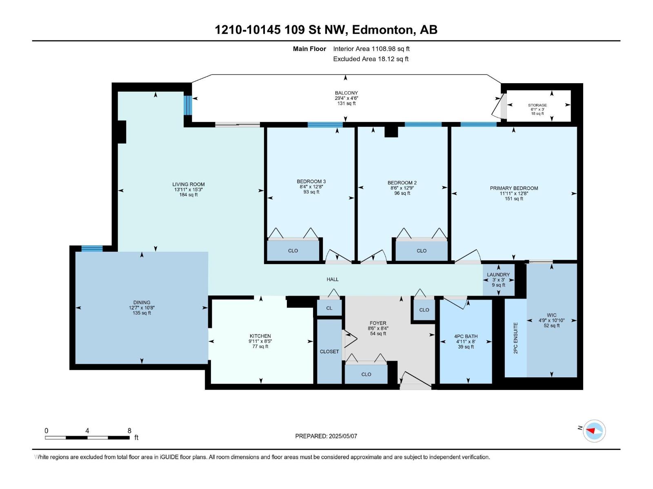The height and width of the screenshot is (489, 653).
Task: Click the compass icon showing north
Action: coord(594,431)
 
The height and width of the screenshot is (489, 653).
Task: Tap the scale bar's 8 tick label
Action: coord(129,430)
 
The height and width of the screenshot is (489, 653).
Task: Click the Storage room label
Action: coord(537,105)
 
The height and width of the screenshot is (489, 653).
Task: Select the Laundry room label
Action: coord(498,275)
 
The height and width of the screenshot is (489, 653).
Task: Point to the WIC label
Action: coord(551,315)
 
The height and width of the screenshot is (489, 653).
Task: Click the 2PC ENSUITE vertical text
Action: coord(515,338)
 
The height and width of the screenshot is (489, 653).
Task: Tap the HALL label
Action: coord(333,280)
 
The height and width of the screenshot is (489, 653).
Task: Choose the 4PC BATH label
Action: coord(466,337)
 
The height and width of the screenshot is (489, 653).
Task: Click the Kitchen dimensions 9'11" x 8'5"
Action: coord(260,341)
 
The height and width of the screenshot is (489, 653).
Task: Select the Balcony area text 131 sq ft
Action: coord(346,104)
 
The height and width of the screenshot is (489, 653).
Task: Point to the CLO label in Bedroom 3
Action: coord(293,251)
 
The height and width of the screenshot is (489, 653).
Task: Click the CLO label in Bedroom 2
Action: coord(422,251)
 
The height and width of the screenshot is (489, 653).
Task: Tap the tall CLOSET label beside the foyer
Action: coord(329,352)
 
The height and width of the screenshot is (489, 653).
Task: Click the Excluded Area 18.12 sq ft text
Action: coord(371,59)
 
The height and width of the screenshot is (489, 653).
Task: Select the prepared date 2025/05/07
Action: coord(343,436)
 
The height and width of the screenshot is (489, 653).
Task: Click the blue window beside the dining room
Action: coord(92,249)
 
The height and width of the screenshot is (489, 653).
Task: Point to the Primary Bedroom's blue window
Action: coord(478,124)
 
